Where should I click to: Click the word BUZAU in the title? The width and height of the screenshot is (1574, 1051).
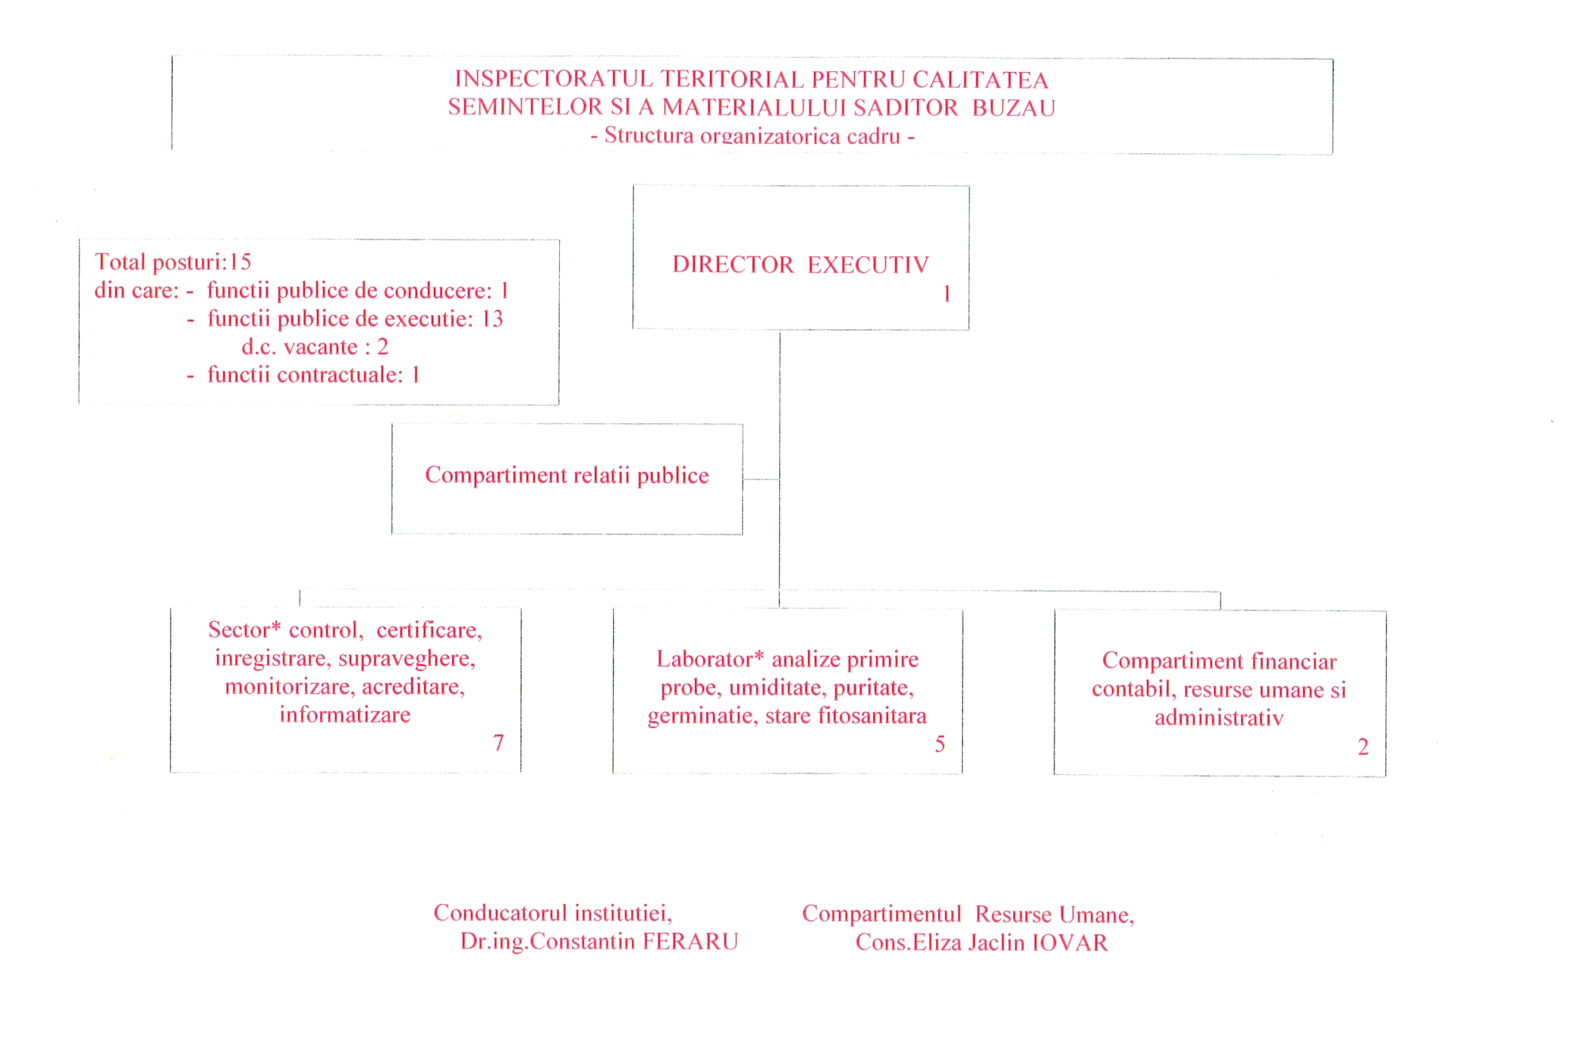click(1013, 108)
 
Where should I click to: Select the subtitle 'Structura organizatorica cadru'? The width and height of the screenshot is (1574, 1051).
click(752, 136)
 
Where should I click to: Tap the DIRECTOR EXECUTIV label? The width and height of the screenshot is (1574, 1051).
click(800, 264)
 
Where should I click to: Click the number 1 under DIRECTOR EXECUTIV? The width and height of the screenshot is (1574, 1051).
click(947, 293)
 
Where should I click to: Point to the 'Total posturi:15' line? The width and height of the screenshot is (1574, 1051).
click(173, 262)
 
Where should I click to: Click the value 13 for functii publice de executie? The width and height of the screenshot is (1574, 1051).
click(492, 318)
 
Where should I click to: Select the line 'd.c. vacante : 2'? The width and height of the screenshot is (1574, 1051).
click(315, 347)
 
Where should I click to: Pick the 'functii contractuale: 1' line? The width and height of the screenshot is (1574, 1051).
click(313, 375)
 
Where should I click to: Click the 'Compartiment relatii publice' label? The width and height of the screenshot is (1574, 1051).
click(567, 475)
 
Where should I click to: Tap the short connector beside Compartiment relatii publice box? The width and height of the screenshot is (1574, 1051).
click(761, 479)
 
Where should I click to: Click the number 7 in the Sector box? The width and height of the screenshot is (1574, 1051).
click(498, 742)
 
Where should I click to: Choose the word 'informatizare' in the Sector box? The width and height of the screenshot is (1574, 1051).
click(345, 714)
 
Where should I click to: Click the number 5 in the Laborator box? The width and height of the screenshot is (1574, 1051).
click(940, 744)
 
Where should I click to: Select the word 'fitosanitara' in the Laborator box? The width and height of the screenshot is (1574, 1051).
click(872, 715)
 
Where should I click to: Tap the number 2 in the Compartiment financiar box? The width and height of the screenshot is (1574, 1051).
click(1363, 747)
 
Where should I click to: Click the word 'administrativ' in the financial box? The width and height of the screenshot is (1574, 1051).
click(1219, 717)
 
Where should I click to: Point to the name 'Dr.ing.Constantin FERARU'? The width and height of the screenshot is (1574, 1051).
click(599, 941)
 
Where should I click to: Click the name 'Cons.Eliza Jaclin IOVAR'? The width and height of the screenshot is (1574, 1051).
click(982, 942)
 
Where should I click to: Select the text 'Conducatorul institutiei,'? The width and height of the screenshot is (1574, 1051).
click(553, 912)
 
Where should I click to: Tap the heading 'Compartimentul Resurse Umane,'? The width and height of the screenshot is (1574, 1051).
click(968, 914)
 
